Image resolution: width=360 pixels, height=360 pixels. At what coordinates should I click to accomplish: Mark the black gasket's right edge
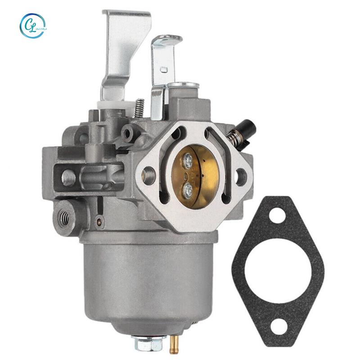321,270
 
